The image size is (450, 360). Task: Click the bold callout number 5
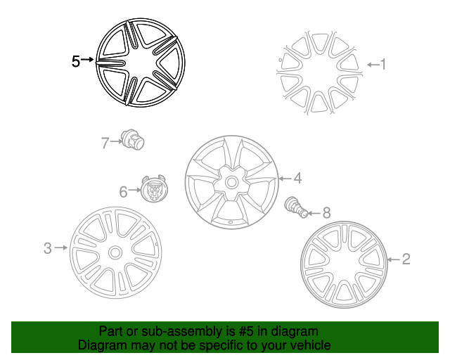click(x=75, y=61)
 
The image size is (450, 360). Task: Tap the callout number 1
click(x=382, y=64)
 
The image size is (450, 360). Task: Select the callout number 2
click(x=406, y=259)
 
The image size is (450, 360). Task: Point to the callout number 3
click(x=48, y=248)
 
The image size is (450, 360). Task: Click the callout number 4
click(x=297, y=178)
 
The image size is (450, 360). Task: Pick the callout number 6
click(x=124, y=192)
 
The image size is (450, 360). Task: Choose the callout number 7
click(x=105, y=143)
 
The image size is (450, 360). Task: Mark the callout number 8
click(x=326, y=213)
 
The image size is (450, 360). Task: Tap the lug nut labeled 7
click(x=132, y=139)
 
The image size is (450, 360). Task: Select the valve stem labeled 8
click(x=296, y=207)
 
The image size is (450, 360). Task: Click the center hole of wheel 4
click(x=231, y=182)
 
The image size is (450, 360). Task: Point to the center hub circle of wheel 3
click(x=115, y=253)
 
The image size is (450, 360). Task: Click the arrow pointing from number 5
click(x=87, y=60)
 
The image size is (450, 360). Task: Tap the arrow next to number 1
click(x=373, y=65)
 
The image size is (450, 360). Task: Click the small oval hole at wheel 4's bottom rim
click(x=230, y=222)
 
